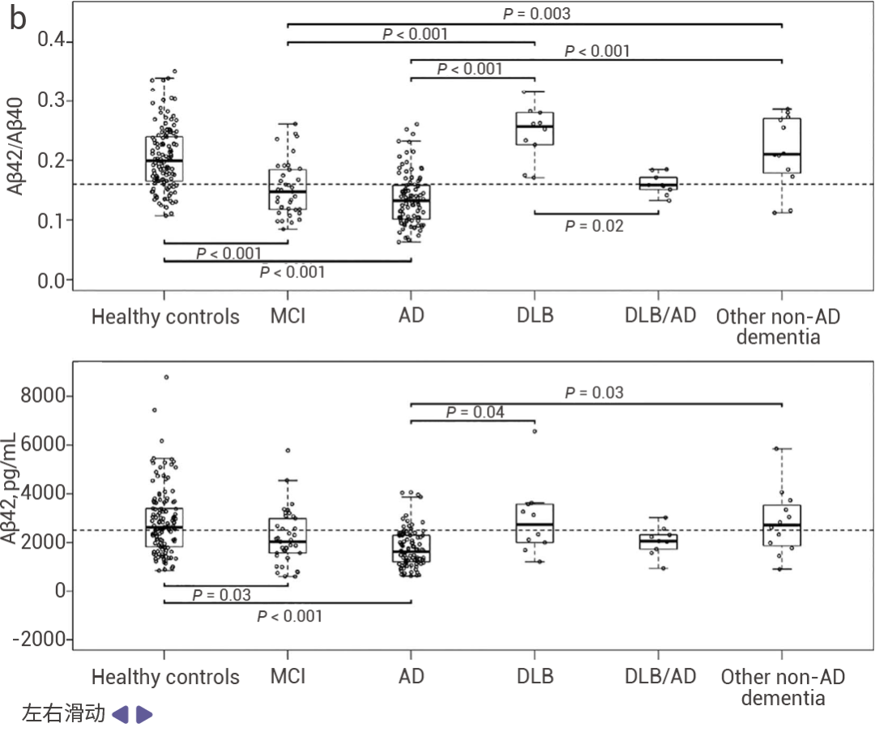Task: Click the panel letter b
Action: [19, 20]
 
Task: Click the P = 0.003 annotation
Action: [536, 14]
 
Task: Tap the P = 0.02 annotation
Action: [594, 226]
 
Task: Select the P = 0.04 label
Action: [475, 413]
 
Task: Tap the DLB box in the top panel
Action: [535, 128]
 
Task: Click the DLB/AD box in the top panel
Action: [658, 183]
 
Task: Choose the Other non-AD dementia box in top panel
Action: [781, 146]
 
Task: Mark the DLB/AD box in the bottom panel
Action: [658, 541]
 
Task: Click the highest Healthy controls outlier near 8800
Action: [166, 377]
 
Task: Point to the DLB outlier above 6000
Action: [534, 431]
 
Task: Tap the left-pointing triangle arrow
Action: [120, 714]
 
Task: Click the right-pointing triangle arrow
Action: [143, 714]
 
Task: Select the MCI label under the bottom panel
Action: [288, 676]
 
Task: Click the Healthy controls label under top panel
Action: [165, 316]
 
